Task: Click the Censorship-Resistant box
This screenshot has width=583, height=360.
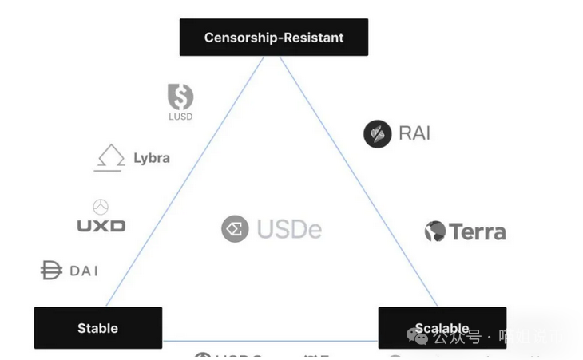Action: (274, 37)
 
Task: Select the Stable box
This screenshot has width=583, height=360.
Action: (97, 327)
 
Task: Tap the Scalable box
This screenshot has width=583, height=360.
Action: (442, 327)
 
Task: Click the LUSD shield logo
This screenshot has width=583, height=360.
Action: (180, 97)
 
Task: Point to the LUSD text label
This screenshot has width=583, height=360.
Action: (180, 117)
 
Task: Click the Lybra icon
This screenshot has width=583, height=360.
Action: (109, 157)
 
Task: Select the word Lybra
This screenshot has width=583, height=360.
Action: (152, 157)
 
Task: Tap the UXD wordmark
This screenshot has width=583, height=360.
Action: (101, 226)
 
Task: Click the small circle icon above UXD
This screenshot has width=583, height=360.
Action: (101, 208)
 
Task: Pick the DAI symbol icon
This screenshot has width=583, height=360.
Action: (51, 271)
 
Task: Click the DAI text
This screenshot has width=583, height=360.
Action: (84, 271)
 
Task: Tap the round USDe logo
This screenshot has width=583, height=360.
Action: (235, 229)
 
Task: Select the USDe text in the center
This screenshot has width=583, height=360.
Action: (289, 230)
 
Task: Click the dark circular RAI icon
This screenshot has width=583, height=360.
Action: (377, 133)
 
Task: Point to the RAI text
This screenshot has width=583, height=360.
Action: (414, 133)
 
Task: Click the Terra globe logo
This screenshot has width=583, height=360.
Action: (435, 231)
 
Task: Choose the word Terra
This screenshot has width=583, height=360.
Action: (478, 232)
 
